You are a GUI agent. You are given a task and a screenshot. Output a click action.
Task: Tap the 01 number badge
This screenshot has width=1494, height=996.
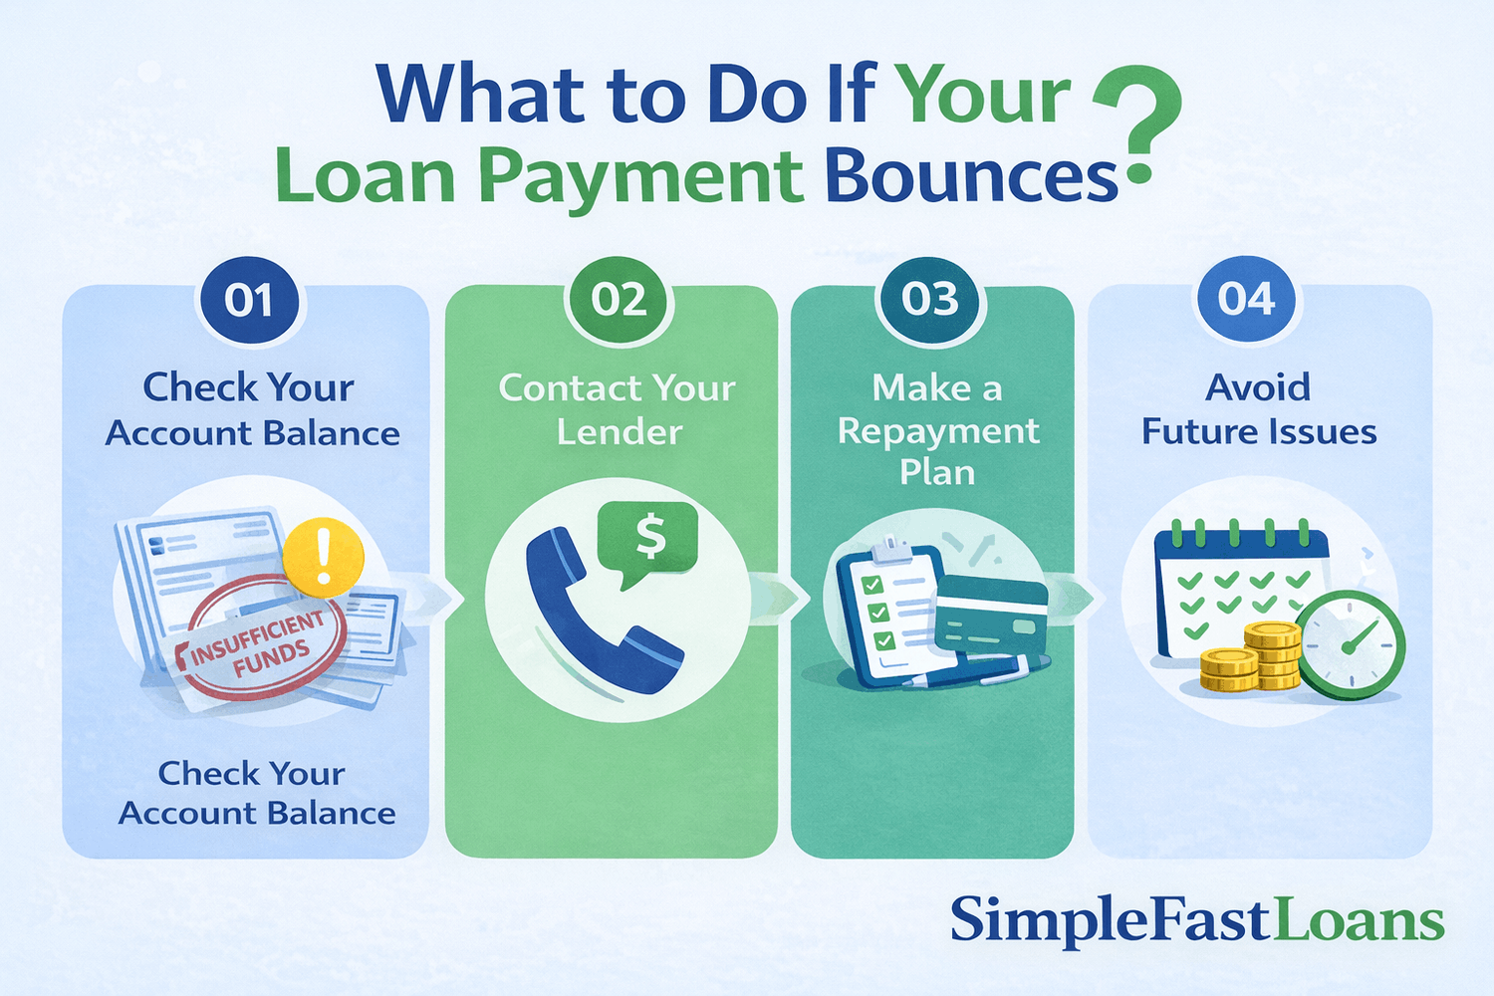(x=249, y=300)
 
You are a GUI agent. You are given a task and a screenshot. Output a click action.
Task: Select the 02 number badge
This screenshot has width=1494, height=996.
(x=619, y=300)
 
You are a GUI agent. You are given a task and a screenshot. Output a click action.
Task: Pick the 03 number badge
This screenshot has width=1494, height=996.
(x=930, y=300)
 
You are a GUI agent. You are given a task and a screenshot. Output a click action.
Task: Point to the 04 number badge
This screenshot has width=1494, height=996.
(x=1246, y=299)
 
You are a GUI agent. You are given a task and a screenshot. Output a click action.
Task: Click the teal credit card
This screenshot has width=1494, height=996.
(x=992, y=618)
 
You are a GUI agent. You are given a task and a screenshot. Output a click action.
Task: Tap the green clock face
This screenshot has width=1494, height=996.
(x=1351, y=644)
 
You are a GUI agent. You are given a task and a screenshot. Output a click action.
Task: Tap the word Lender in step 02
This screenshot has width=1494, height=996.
(x=620, y=432)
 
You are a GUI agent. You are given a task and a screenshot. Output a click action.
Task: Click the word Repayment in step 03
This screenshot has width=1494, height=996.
(x=938, y=431)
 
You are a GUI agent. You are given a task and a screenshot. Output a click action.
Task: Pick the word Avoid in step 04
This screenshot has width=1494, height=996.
(x=1258, y=387)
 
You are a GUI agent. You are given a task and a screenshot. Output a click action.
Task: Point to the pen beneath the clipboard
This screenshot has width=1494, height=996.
(x=966, y=672)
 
